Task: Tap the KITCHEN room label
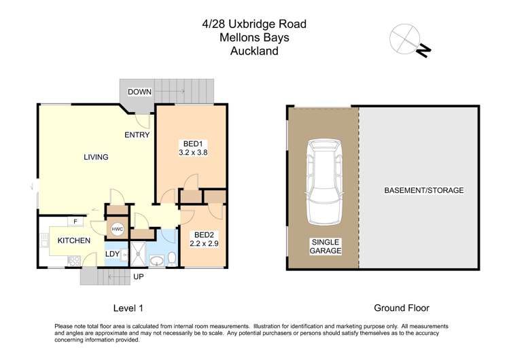coord(73,241)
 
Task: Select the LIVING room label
coord(96,158)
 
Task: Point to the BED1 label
coord(192,143)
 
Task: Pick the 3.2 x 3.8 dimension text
coord(192,153)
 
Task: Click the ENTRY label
coord(137,135)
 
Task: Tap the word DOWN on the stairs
coord(139,91)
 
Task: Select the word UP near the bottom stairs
coord(139,278)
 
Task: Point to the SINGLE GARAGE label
coord(326,246)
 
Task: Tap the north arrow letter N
coord(423,50)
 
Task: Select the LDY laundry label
coord(113,254)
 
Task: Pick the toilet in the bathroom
coord(172,258)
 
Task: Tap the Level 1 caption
coord(126,308)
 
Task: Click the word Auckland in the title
coord(254,51)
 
